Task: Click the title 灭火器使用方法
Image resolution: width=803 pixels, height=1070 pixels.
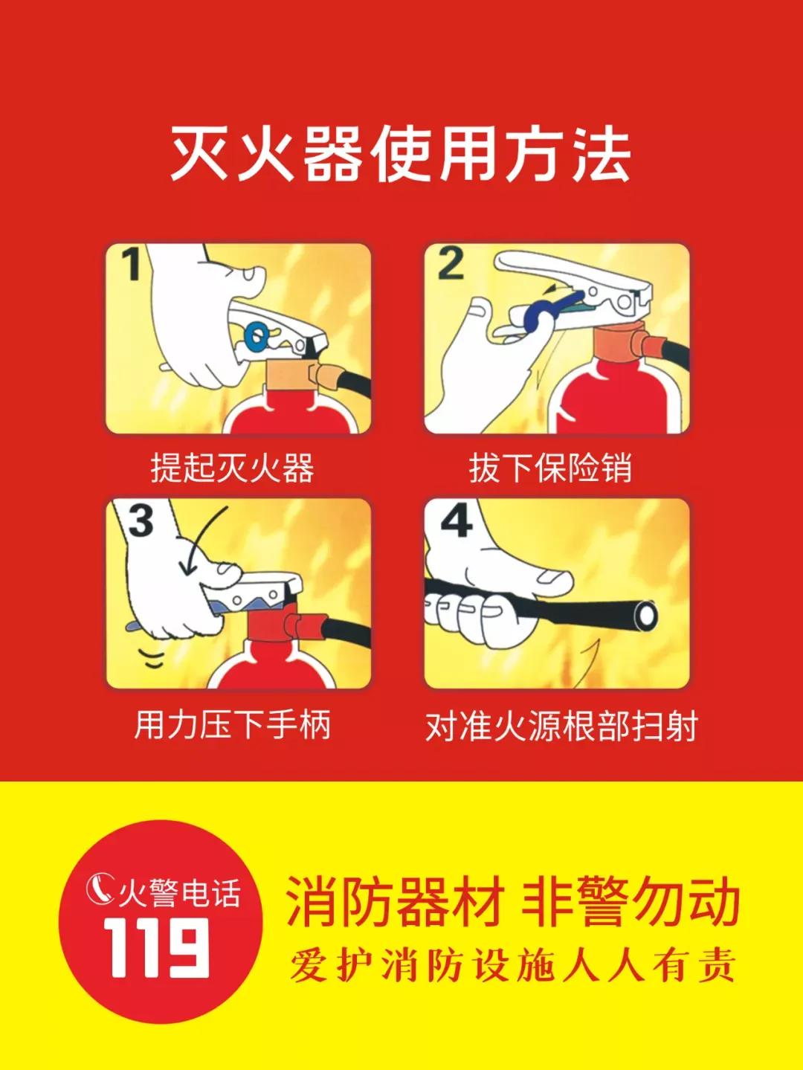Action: (401, 155)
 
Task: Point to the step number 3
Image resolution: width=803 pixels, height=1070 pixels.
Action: (141, 521)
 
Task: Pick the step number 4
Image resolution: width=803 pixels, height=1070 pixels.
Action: (457, 521)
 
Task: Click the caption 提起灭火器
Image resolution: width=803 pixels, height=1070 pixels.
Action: (233, 468)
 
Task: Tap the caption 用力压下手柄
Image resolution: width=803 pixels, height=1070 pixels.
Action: (233, 724)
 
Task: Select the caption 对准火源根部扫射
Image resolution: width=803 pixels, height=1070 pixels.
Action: (562, 726)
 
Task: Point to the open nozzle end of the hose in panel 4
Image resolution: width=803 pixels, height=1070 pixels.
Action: (647, 616)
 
